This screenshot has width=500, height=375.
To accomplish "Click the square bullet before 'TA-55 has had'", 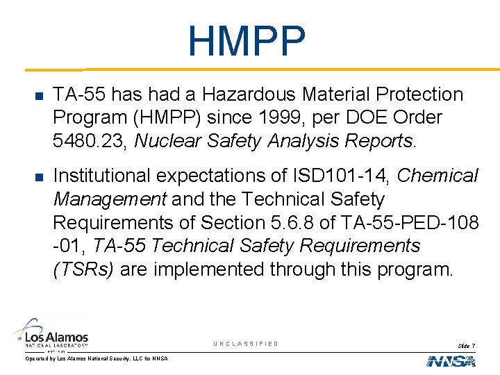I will pos(39,96).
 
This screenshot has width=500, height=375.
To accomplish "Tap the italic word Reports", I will pos(378,142).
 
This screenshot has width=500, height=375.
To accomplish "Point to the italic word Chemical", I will pos(439,176).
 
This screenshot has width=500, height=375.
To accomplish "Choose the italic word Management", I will pos(110,200).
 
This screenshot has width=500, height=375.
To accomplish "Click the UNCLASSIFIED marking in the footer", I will pos(246,344).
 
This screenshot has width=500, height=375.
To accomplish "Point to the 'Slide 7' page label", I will pos(466,345).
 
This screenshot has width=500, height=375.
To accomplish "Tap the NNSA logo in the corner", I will pos(451,360).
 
